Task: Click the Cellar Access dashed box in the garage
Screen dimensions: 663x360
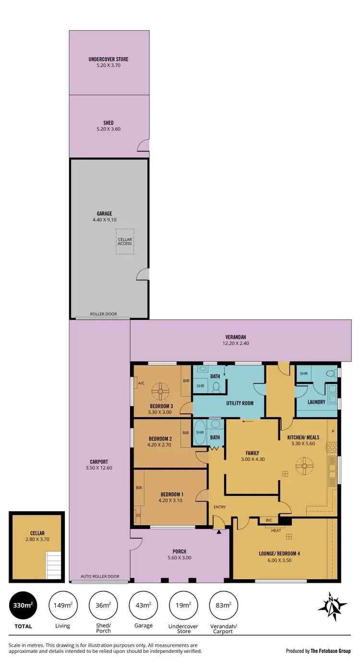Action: pos(125,241)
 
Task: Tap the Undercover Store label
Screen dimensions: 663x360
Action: pos(108,60)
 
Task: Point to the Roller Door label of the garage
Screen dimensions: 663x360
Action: pos(103,314)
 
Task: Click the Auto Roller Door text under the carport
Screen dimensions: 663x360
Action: pos(100,577)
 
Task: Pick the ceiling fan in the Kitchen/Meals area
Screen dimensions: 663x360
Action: pos(303,465)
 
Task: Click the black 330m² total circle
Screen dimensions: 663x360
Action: pos(22,605)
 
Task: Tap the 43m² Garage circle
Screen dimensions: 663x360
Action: pos(143,605)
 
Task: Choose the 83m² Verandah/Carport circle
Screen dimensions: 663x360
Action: pos(224,605)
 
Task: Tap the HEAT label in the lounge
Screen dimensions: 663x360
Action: pos(276,530)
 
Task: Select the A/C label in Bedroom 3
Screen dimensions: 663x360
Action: pos(141,383)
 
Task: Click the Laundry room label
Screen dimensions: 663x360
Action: pos(316,402)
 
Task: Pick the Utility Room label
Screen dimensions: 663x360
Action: pos(240,403)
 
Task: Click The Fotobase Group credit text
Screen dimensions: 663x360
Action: pos(332,651)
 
